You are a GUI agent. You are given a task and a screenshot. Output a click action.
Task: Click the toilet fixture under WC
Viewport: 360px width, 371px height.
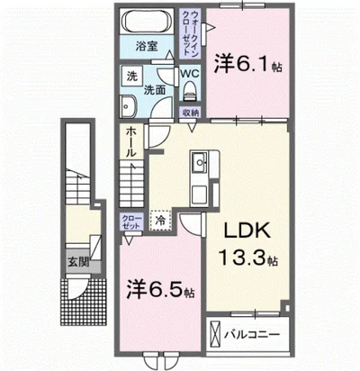click(190, 91)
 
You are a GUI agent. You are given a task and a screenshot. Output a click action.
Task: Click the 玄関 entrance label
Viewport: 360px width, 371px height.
click(77, 264)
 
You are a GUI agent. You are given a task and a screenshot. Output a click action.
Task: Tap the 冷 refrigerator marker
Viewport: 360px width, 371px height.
click(160, 219)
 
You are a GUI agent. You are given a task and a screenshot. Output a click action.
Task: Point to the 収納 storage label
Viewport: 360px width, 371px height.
click(190, 113)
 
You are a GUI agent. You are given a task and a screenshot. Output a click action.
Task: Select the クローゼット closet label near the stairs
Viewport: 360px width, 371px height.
click(130, 222)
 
